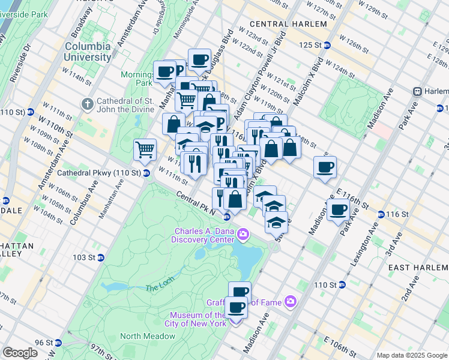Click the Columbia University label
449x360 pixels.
point(88,52)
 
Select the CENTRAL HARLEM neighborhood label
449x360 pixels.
point(288,24)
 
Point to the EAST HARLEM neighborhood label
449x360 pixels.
point(416,267)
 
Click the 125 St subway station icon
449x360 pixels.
point(327,45)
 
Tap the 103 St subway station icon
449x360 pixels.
point(101,257)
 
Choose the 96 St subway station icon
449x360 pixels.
point(58,343)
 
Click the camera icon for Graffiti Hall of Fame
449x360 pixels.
point(291,302)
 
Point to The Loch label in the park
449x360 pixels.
point(158,287)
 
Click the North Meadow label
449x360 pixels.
point(148,336)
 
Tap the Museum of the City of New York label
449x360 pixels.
point(197,319)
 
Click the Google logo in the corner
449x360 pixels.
point(20,353)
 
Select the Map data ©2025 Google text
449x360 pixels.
point(411,355)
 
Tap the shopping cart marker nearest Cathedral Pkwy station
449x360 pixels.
point(145,150)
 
